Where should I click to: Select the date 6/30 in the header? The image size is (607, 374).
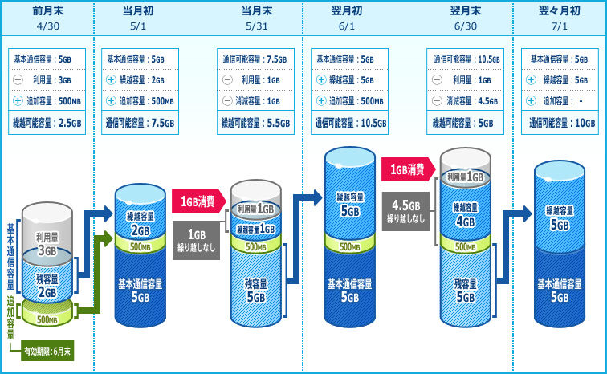(x=466, y=26)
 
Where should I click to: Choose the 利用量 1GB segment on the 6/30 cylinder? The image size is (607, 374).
(x=466, y=177)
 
